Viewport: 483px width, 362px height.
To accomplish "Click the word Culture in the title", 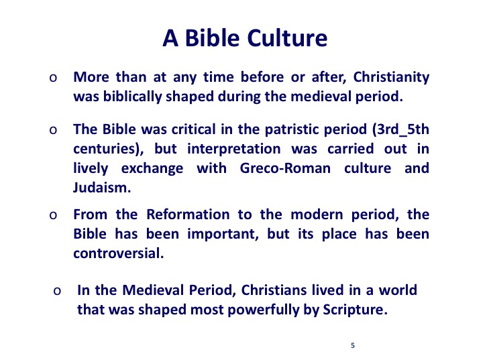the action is [287, 38].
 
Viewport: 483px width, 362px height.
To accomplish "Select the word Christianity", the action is [391, 77].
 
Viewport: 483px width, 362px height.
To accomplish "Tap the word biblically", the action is [132, 97].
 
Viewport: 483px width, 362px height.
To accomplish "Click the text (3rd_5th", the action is [400, 129].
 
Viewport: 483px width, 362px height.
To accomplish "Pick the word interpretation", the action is [234, 149].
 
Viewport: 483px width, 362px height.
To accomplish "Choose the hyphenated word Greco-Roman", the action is [285, 168].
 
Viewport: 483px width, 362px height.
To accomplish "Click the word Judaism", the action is [102, 188].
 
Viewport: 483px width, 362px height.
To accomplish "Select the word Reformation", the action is [188, 215].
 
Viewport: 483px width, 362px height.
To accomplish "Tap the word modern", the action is [317, 215].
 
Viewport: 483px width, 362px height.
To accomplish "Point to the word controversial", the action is [119, 253].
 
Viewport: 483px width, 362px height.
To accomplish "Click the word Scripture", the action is [355, 310].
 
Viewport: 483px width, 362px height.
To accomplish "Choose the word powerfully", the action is [245, 310].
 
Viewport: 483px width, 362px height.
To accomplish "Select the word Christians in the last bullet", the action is [274, 290].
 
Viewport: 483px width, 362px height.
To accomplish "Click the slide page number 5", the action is [353, 345].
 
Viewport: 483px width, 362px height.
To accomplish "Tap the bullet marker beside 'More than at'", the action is [53, 78].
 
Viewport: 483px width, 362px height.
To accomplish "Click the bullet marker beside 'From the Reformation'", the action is [53, 215].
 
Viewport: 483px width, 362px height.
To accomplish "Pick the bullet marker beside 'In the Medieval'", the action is [57, 291].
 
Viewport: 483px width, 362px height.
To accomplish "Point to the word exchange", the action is [152, 169].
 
